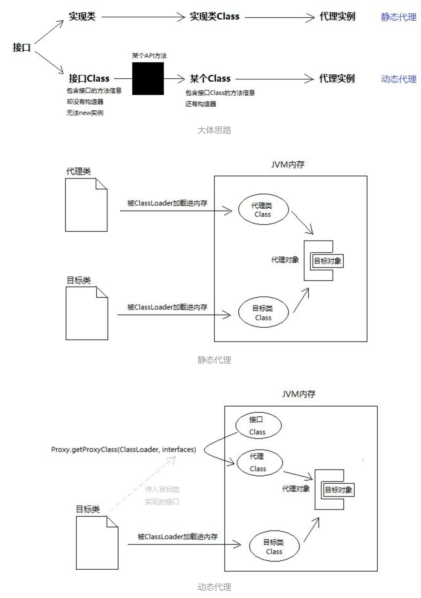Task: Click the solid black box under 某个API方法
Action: [148, 78]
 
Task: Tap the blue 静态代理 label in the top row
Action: [398, 17]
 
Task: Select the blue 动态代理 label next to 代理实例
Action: [398, 79]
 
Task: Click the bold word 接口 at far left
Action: [22, 47]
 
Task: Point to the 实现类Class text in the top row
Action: [214, 17]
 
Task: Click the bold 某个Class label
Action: [210, 78]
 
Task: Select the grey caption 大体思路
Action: [214, 130]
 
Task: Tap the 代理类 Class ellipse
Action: [263, 210]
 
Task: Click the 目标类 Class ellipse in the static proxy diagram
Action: [263, 312]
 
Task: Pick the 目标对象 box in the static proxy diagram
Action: [327, 261]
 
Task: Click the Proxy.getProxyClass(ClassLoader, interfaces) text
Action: [123, 449]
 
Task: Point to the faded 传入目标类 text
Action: [162, 489]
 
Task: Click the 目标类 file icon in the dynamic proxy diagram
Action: [97, 543]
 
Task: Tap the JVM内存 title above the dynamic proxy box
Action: [299, 394]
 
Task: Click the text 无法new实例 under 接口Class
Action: [84, 113]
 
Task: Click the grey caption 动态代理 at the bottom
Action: [214, 587]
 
